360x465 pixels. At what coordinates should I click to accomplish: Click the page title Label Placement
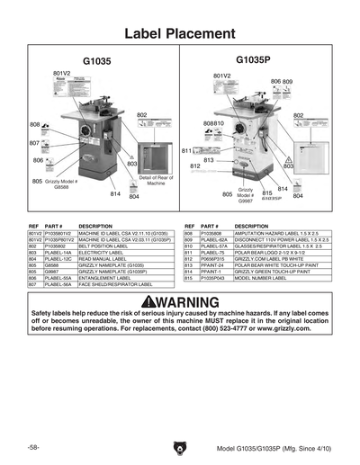point(180,34)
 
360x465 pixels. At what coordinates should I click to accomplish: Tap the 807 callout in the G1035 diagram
point(33,143)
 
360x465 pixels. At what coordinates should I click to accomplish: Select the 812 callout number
point(194,166)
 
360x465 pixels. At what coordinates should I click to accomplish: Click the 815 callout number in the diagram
point(267,192)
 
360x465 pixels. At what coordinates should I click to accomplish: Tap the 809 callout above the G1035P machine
point(288,82)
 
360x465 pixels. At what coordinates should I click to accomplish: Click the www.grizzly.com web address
point(294,330)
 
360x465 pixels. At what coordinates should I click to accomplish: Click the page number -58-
point(33,447)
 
